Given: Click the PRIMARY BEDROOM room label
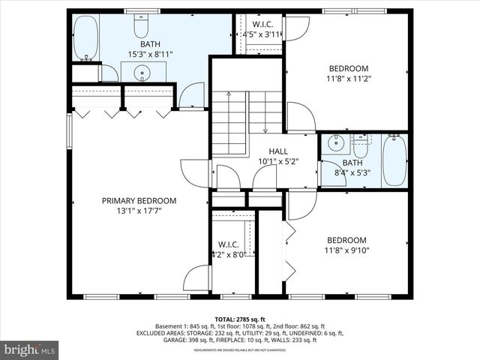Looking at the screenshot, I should pyautogui.click(x=139, y=201).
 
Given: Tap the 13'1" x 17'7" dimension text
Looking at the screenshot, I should pyautogui.click(x=139, y=211).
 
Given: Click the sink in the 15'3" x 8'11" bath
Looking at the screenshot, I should pyautogui.click(x=142, y=72).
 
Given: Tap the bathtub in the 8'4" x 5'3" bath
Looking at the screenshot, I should pyautogui.click(x=395, y=161).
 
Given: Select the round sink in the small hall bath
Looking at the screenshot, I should pyautogui.click(x=336, y=142).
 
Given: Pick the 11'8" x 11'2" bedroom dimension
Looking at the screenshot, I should pyautogui.click(x=349, y=78).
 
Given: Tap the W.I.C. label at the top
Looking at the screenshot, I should pyautogui.click(x=262, y=24).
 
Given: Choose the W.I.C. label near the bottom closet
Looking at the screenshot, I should pyautogui.click(x=228, y=244).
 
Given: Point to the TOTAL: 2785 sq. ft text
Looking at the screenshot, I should pyautogui.click(x=240, y=318).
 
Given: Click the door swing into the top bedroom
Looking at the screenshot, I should pyautogui.click(x=300, y=117).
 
